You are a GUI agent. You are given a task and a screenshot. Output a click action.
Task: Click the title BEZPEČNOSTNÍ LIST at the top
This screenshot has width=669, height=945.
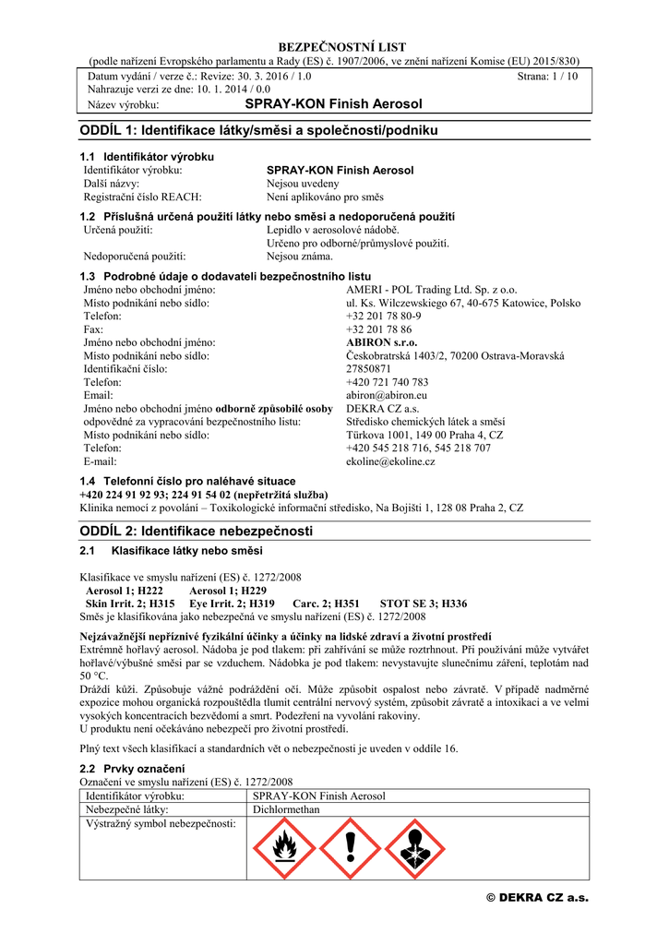click(334, 47)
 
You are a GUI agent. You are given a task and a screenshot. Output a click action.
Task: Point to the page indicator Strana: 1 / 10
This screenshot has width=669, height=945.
click(548, 77)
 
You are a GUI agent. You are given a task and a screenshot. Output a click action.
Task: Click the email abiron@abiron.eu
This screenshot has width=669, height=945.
click(382, 395)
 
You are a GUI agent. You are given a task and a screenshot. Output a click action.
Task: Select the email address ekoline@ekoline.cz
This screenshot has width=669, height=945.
click(390, 461)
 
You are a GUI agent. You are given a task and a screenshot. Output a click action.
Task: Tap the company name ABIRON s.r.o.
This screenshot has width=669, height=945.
click(381, 342)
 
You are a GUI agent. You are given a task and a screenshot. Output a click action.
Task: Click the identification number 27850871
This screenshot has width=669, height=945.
click(369, 368)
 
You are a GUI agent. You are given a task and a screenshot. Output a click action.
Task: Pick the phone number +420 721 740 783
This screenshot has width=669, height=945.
click(387, 382)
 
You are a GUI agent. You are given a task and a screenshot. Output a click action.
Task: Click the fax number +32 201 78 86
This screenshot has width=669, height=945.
click(378, 329)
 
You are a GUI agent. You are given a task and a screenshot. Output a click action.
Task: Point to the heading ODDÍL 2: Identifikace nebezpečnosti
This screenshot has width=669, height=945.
click(197, 531)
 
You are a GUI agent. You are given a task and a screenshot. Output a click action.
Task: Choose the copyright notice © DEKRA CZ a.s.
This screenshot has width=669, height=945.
click(537, 898)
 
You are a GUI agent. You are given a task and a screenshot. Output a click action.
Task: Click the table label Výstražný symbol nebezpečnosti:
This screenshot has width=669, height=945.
click(161, 823)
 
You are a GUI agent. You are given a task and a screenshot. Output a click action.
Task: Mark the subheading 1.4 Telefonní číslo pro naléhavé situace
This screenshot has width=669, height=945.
click(188, 481)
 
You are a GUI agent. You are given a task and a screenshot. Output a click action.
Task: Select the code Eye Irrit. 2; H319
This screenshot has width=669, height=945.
click(234, 604)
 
